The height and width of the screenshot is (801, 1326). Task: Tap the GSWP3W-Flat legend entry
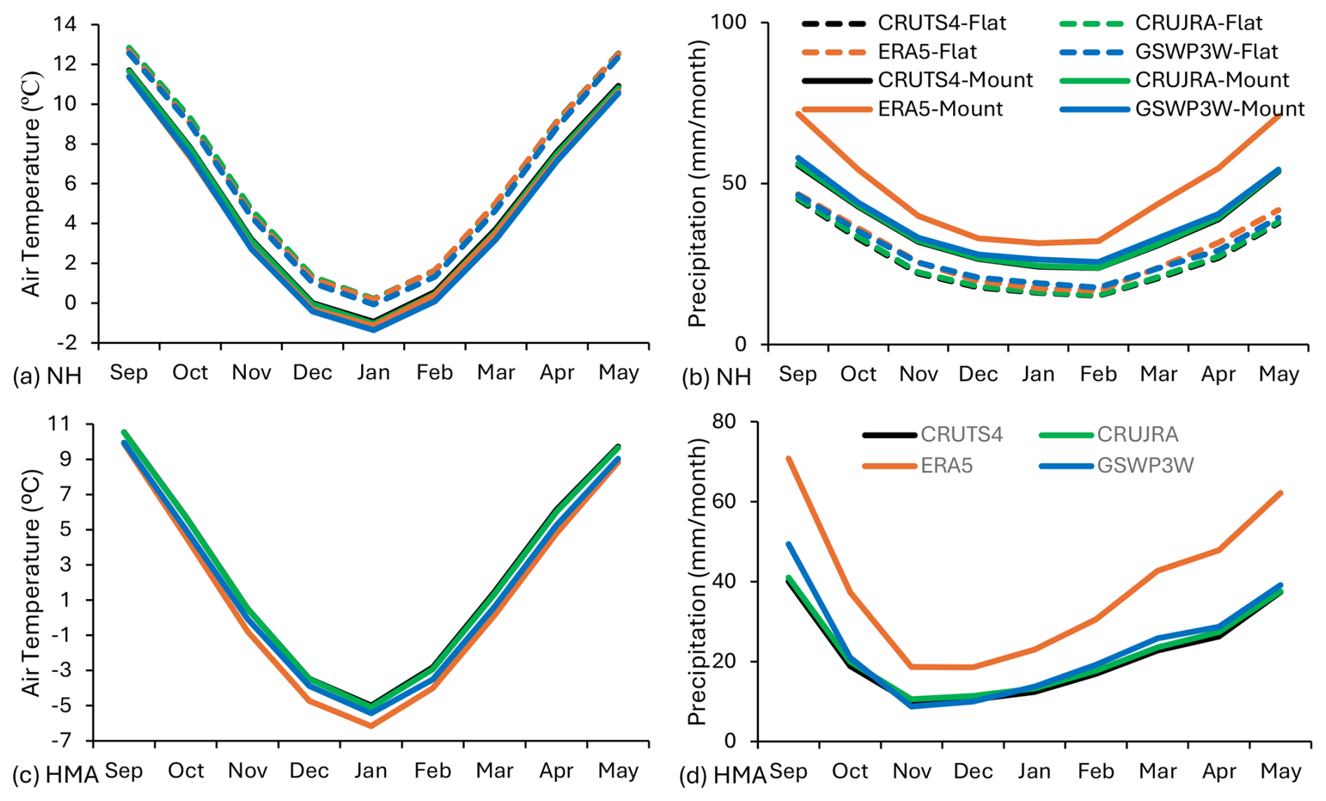point(1206,52)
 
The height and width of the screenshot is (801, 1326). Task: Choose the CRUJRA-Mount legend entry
point(1212,81)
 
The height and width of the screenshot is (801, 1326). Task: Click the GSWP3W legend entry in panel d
point(1145,465)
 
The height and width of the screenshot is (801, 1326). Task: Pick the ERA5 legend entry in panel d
point(946,465)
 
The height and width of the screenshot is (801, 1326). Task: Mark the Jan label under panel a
point(373,372)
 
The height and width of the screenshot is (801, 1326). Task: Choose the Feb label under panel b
point(1098,374)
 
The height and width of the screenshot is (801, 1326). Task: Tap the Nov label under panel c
point(247,771)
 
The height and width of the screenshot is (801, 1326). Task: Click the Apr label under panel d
point(1219,772)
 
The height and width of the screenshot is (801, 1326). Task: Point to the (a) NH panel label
point(47,376)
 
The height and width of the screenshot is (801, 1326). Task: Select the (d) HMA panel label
point(723,776)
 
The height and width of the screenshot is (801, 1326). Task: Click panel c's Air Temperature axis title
point(31,582)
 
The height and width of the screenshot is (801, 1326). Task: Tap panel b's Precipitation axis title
point(697,184)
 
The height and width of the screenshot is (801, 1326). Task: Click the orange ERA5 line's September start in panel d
point(788,458)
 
